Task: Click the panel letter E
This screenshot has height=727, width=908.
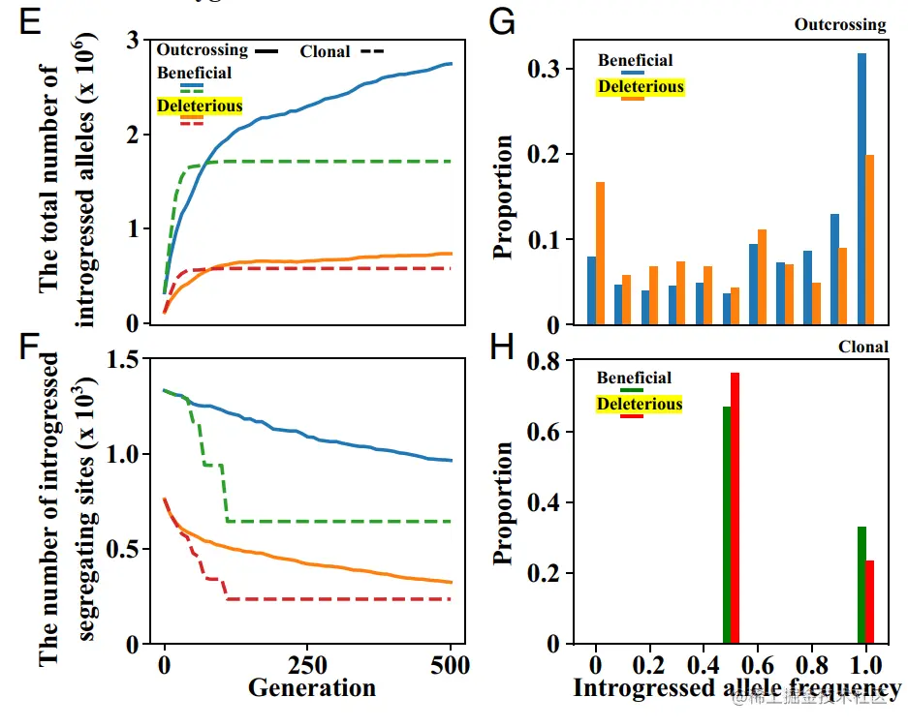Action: (x=29, y=23)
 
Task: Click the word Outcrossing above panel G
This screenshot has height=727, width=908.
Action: (x=840, y=25)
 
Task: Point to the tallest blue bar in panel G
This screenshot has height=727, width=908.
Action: (x=861, y=189)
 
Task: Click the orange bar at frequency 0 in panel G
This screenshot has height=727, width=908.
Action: (x=601, y=253)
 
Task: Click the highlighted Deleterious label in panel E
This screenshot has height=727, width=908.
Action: (x=200, y=106)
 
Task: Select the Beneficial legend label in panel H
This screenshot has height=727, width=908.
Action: (x=634, y=378)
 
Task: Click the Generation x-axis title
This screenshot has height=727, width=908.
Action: (x=311, y=688)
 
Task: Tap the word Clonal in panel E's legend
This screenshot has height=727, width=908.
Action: (x=325, y=51)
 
